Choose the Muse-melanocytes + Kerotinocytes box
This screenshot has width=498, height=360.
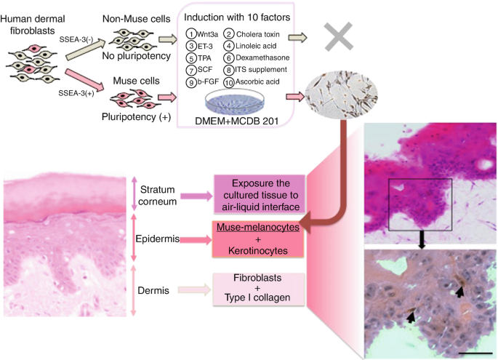click(x=258, y=239)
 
